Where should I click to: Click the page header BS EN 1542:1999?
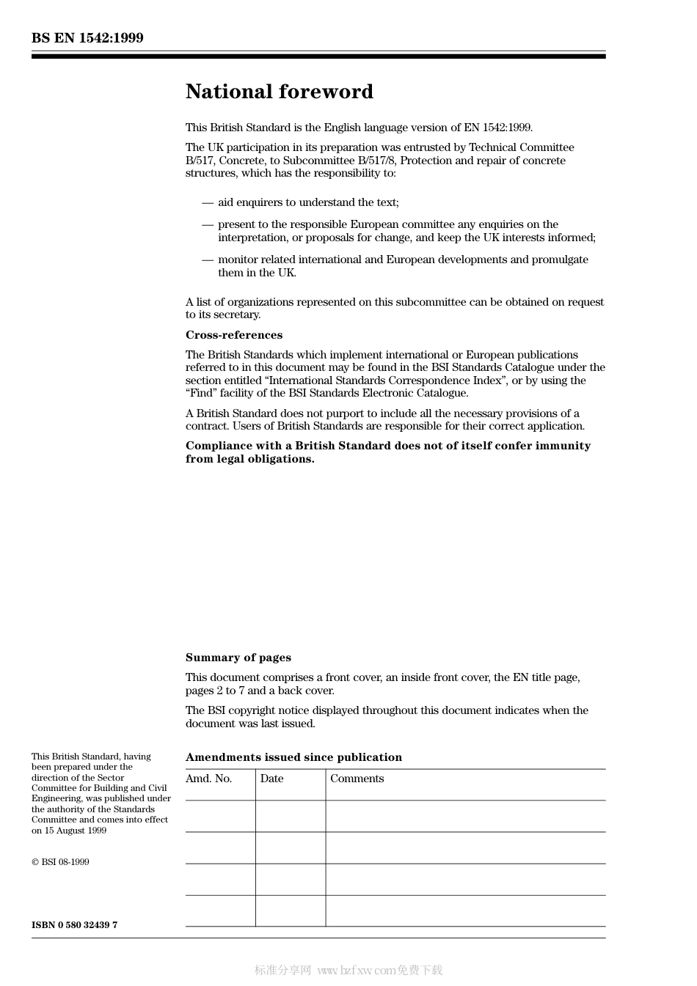[x=87, y=38]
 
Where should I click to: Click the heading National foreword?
[x=279, y=92]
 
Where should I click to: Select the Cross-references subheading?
[x=233, y=335]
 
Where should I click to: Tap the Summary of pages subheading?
[x=238, y=658]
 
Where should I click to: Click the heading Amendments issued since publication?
[x=293, y=757]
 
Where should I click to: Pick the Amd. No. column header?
[x=208, y=779]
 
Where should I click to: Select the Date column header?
[x=271, y=779]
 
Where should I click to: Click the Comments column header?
[x=357, y=779]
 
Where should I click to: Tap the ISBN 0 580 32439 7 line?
[x=74, y=925]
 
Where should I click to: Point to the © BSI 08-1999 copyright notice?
[x=60, y=862]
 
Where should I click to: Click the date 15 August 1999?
[x=75, y=831]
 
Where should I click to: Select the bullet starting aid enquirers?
[x=308, y=202]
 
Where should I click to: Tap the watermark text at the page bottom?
[x=348, y=971]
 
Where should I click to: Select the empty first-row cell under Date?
[x=290, y=816]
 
